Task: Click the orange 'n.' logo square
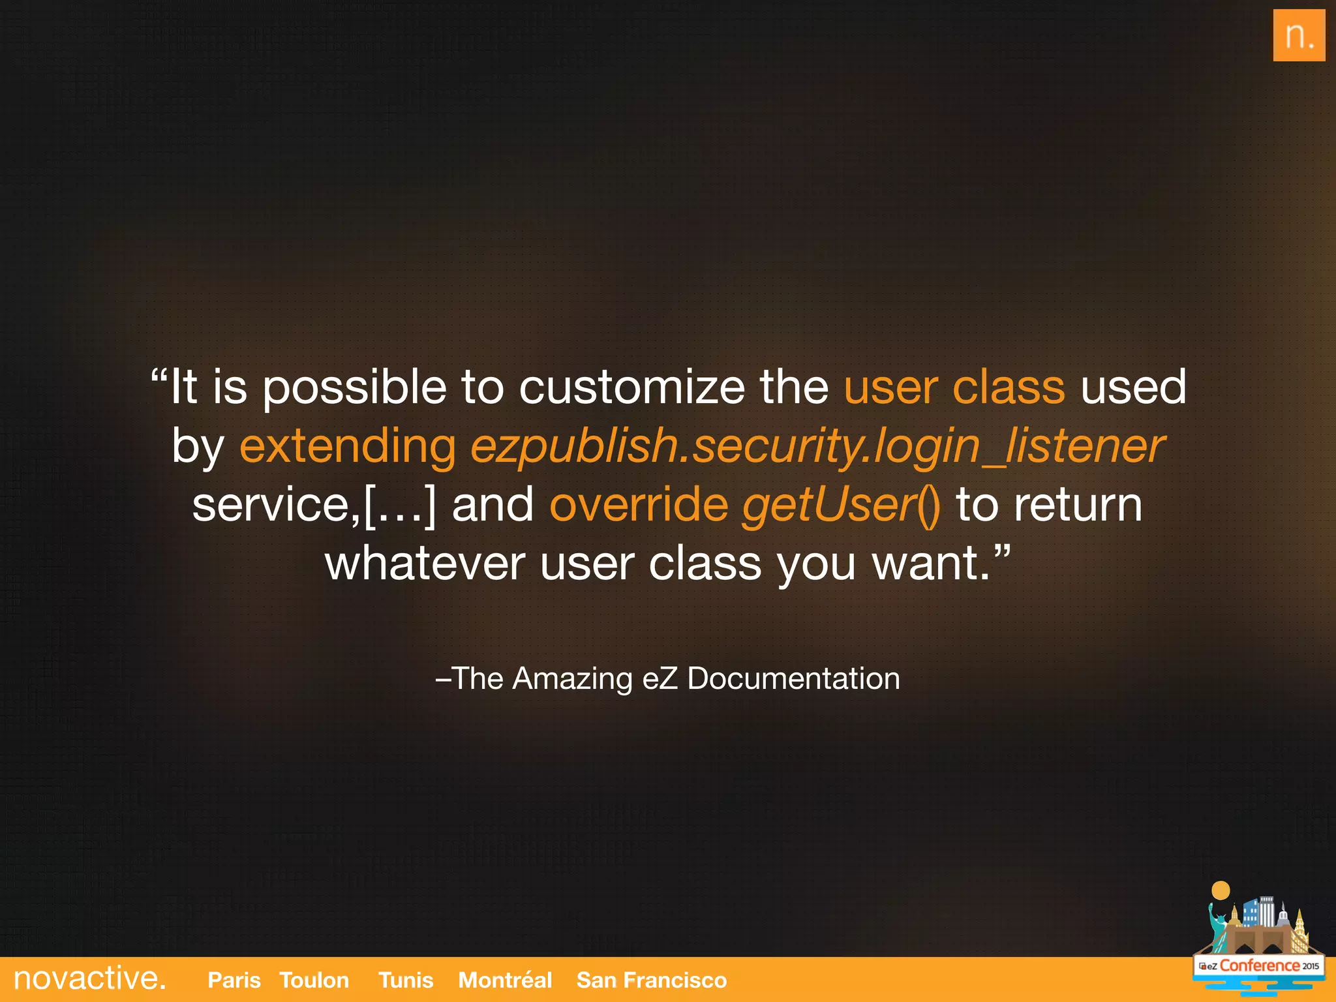tap(1298, 35)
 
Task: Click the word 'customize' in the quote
tap(631, 387)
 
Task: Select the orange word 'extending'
tap(348, 446)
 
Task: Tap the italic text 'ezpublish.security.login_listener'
tap(817, 446)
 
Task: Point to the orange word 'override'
tap(639, 505)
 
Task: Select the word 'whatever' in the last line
tap(425, 564)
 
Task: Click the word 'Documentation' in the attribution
tap(793, 678)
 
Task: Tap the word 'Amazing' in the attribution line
tap(572, 678)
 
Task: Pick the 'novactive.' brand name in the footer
tap(89, 979)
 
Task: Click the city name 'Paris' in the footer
tap(234, 980)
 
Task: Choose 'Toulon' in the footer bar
tap(314, 980)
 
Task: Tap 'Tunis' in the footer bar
tap(405, 980)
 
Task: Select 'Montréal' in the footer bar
tap(505, 980)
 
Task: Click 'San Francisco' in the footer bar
tap(651, 980)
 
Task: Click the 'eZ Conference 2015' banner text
tap(1259, 965)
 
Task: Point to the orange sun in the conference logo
tap(1221, 890)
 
